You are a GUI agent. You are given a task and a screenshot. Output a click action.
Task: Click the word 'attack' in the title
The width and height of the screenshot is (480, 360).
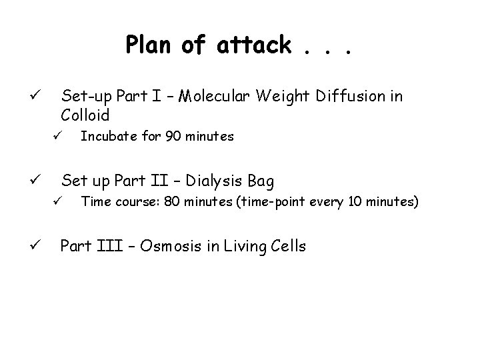pyautogui.click(x=253, y=45)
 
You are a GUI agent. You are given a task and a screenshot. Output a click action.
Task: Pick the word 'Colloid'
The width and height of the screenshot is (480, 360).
pyautogui.click(x=85, y=115)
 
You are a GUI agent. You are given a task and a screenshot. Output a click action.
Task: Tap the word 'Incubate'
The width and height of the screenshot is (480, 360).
pyautogui.click(x=105, y=137)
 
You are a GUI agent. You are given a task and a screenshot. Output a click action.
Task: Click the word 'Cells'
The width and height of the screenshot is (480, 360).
pyautogui.click(x=281, y=246)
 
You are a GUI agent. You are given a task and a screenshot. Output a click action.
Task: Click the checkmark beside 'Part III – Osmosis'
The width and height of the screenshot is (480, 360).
pyautogui.click(x=37, y=246)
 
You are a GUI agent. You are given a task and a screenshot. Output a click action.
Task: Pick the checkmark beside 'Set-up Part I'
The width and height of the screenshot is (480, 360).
pyautogui.click(x=37, y=97)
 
